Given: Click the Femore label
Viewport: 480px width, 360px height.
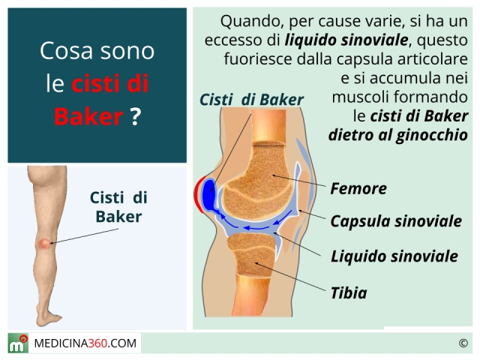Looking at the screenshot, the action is tap(358, 188).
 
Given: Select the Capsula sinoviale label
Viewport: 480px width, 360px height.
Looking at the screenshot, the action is tap(396, 221).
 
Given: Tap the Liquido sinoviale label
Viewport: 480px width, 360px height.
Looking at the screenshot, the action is tap(394, 256).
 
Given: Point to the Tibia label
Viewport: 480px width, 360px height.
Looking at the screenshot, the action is tap(349, 293).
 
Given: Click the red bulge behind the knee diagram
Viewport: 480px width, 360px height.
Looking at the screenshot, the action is tap(198, 195).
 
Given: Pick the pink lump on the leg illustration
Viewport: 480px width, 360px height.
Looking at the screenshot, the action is tap(43, 243).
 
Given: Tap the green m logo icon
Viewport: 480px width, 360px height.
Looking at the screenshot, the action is tap(18, 343).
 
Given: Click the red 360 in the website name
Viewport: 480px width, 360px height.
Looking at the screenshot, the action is tap(98, 343).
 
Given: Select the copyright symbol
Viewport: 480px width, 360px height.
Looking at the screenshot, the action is tap(463, 343).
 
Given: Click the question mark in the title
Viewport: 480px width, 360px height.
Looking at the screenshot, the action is tap(135, 117).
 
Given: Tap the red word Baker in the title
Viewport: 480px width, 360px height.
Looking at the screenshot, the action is tap(88, 117).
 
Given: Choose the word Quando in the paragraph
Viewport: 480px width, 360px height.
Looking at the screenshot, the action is tap(253, 22).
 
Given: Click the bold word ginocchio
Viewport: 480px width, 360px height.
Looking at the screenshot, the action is tap(432, 135).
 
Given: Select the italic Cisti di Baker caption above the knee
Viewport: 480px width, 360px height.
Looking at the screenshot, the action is tap(251, 100).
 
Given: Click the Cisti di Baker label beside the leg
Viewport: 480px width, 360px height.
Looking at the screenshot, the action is tap(118, 207).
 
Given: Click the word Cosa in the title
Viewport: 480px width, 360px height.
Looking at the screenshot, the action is tap(66, 51).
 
